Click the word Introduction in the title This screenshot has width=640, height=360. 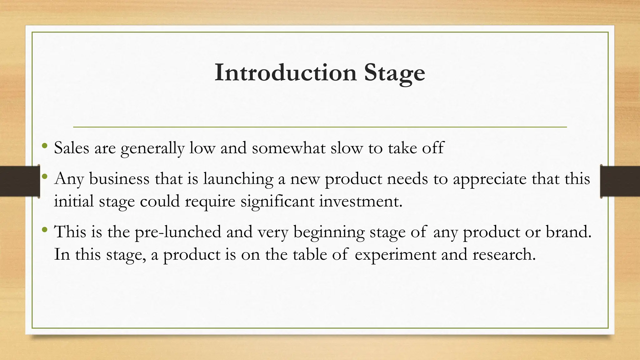point(286,72)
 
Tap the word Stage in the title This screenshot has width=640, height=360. point(394,73)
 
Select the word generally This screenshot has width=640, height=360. point(152,148)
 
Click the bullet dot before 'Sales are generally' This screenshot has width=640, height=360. point(45,146)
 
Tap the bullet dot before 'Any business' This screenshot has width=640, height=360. point(45,177)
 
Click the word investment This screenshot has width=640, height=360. point(361,201)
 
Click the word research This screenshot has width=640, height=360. point(504,254)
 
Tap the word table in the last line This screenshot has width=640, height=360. point(309,254)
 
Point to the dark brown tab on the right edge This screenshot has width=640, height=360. point(620,181)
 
